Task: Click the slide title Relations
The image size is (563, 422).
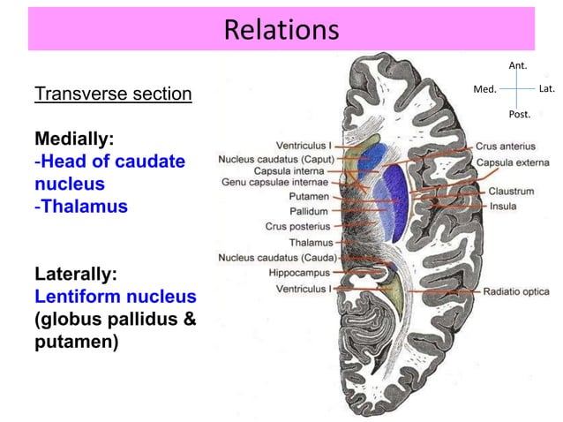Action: click(x=281, y=30)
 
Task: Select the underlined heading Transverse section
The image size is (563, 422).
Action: click(x=113, y=94)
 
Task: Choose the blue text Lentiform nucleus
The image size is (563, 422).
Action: click(x=115, y=297)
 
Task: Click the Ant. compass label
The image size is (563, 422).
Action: click(x=519, y=65)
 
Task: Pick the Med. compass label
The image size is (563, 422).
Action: click(x=485, y=89)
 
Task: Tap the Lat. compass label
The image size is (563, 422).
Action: click(x=545, y=89)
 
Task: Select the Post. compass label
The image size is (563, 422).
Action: click(x=520, y=115)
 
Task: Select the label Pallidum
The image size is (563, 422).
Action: click(x=309, y=212)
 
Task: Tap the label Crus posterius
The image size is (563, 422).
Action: click(x=299, y=227)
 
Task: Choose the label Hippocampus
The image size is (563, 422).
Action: click(x=300, y=273)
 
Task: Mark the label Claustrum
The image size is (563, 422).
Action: click(x=512, y=191)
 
